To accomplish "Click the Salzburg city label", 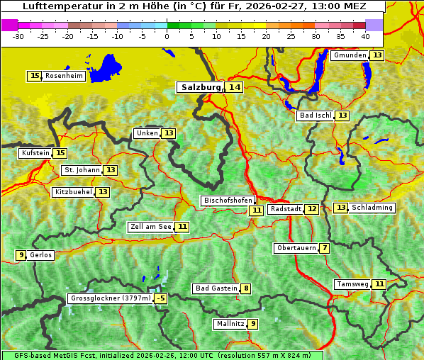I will (201, 87).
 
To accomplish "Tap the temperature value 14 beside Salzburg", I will (234, 87).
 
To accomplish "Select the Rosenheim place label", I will (64, 76).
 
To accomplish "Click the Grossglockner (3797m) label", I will (111, 298).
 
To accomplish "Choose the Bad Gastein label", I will (216, 288).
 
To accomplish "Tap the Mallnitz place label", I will (230, 324).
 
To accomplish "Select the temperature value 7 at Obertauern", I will (324, 248).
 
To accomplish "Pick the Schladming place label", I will (372, 208).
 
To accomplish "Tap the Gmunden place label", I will (350, 55).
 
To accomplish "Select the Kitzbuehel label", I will (73, 192).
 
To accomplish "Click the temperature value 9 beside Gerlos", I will (21, 255).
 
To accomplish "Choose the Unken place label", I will (147, 133).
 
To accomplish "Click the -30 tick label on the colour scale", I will (18, 35).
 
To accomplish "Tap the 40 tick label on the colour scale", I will (365, 35).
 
